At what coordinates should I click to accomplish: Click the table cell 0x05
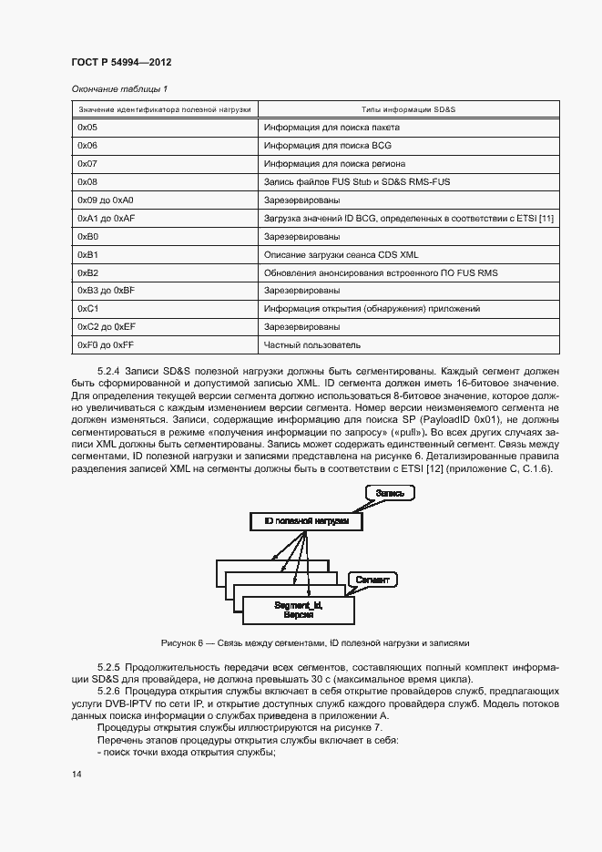87,128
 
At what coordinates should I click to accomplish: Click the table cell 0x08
87,181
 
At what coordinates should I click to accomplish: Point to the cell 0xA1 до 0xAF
106,218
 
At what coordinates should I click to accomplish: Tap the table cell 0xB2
87,272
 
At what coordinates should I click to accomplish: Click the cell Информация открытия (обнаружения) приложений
372,309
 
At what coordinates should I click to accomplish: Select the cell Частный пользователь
311,345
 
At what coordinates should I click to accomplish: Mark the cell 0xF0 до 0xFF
106,345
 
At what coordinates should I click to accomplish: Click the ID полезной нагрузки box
305,521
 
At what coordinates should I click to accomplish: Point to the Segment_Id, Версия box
298,609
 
